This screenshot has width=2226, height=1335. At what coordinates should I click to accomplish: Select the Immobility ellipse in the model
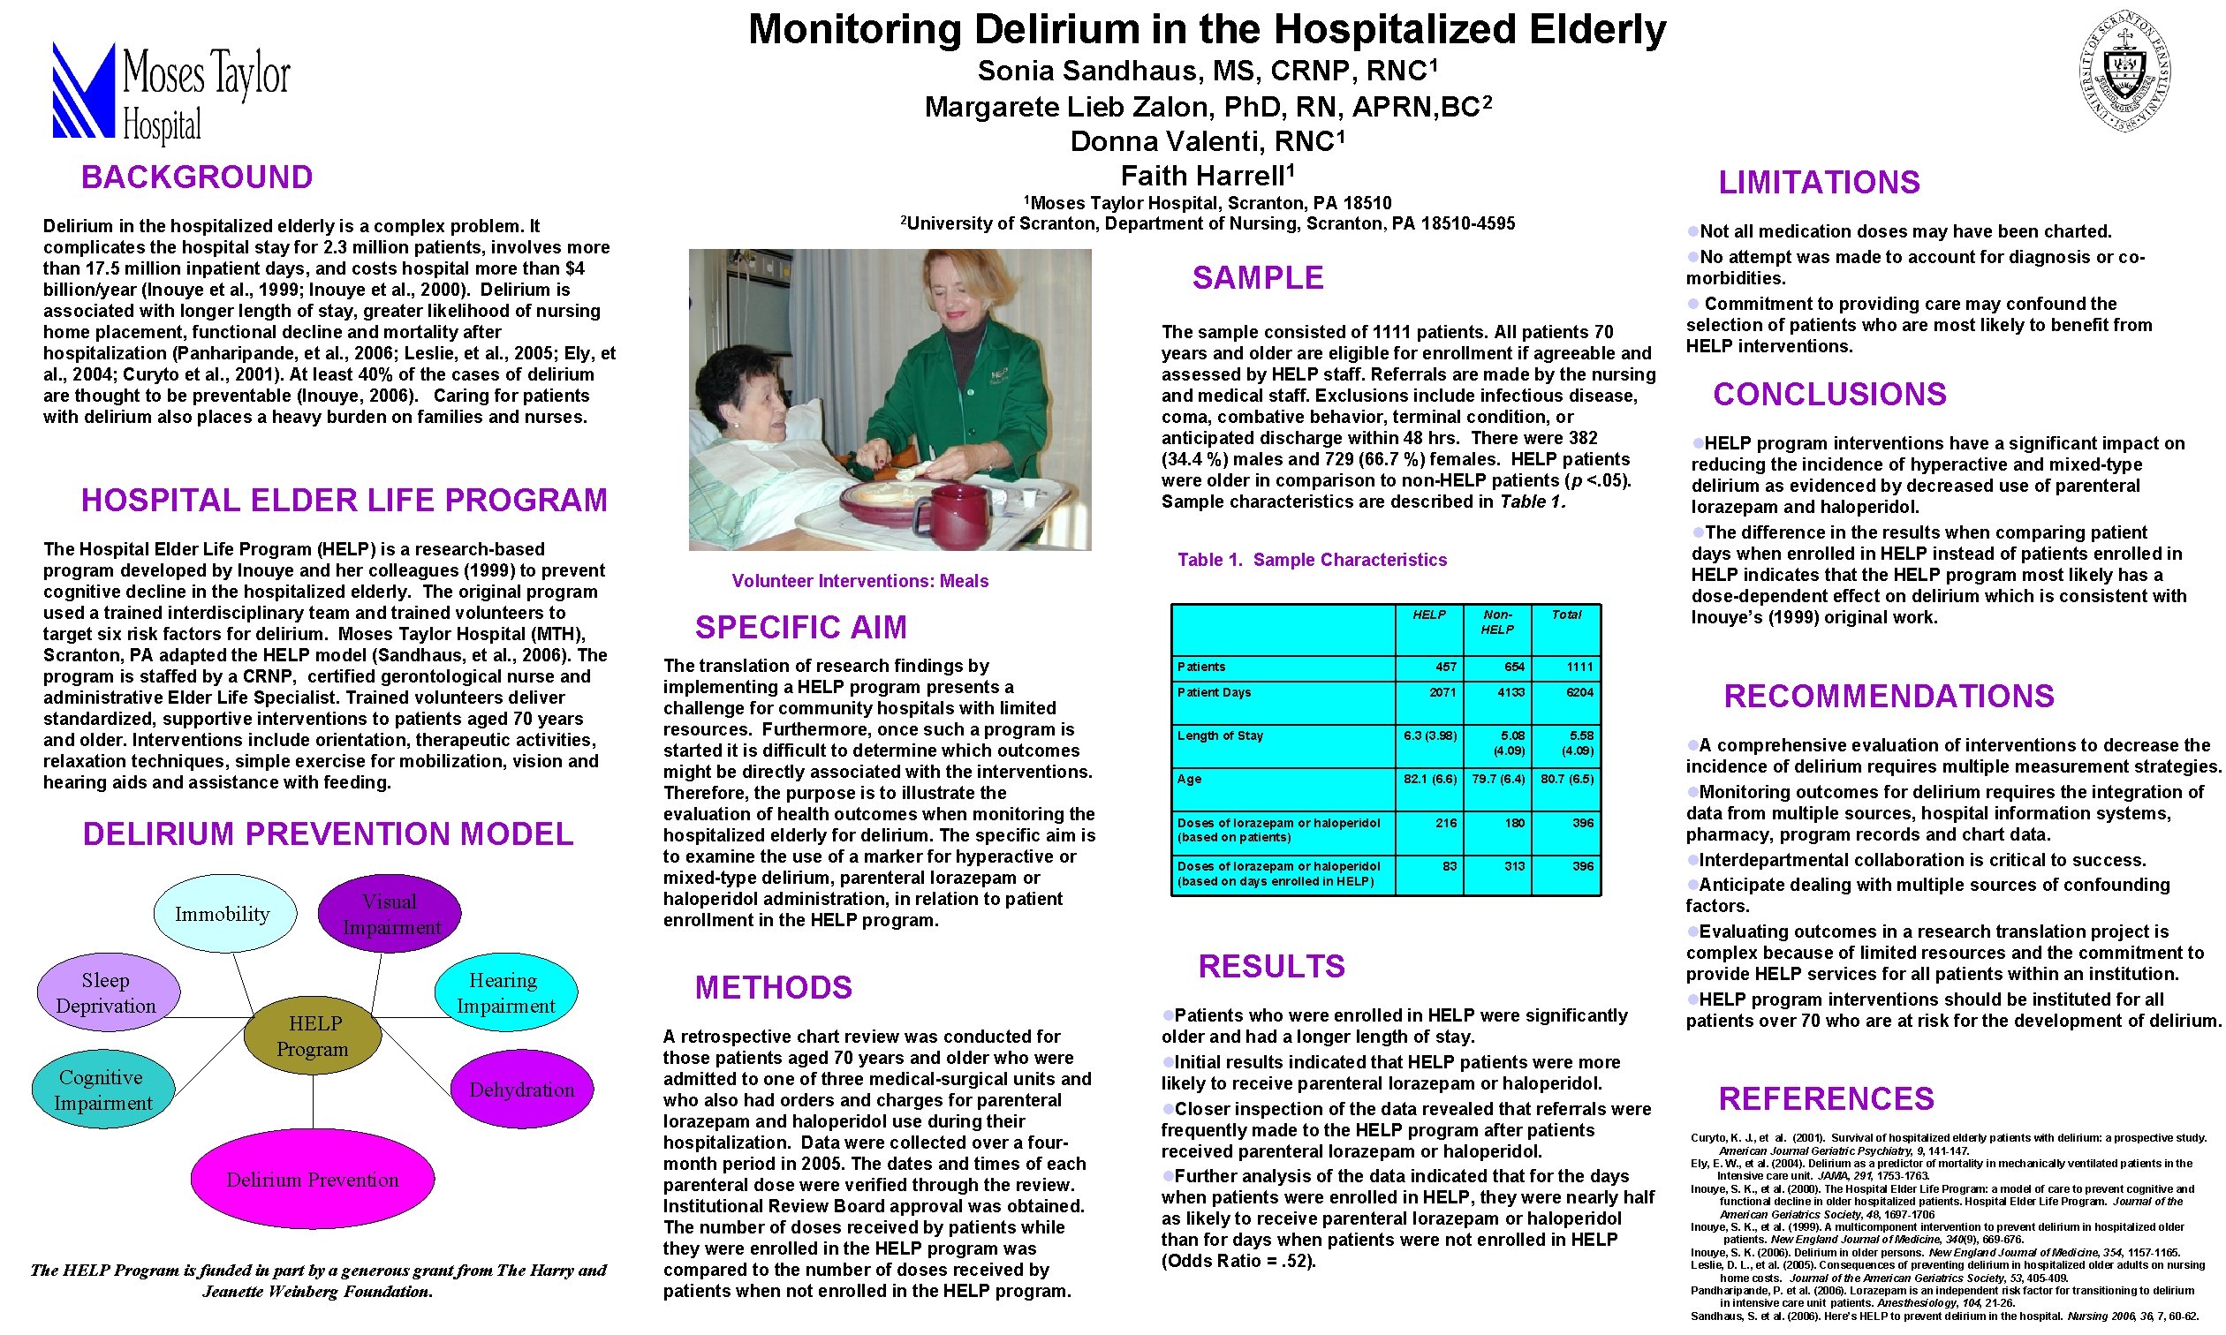click(x=223, y=914)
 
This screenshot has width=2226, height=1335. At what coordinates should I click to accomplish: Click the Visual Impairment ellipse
click(x=390, y=914)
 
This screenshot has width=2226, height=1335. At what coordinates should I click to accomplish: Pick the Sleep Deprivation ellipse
click(x=107, y=992)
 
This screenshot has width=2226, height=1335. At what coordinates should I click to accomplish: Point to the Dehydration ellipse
click(x=522, y=1090)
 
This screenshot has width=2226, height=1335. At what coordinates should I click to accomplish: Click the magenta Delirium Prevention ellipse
click(x=312, y=1180)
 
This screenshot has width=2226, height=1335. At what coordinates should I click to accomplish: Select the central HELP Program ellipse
click(x=313, y=1036)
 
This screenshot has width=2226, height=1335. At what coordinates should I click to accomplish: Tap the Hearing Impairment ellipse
click(x=504, y=992)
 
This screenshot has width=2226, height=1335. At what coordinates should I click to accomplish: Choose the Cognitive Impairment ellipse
click(x=102, y=1090)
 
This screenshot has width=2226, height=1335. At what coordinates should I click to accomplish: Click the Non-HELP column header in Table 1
click(x=1496, y=622)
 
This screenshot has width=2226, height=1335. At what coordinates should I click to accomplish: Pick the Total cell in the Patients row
click(x=1565, y=667)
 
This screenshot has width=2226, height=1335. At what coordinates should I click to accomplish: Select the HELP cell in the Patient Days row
click(x=1429, y=694)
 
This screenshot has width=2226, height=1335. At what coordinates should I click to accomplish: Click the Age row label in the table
click(x=1190, y=779)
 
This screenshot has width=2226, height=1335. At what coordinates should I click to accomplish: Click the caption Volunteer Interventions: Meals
click(x=860, y=581)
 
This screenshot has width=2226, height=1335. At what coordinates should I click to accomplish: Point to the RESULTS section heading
click(x=1270, y=967)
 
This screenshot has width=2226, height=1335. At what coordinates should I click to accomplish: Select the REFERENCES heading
click(x=1826, y=1099)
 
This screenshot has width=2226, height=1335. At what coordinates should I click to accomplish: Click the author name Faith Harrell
click(x=1206, y=176)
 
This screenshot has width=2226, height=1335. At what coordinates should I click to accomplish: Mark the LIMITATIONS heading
click(x=1819, y=183)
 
